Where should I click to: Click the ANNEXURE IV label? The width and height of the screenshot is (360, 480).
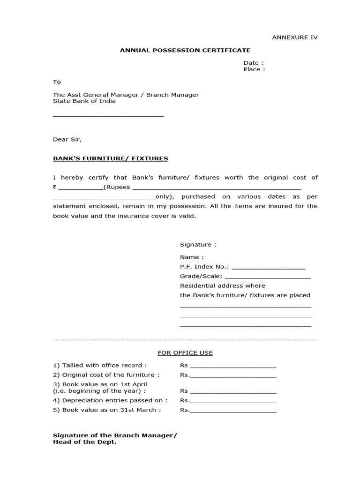click(295, 37)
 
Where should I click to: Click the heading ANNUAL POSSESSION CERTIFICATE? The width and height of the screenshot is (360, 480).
click(185, 50)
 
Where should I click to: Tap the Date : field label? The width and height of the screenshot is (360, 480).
click(253, 63)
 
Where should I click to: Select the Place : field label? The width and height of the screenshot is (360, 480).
click(254, 69)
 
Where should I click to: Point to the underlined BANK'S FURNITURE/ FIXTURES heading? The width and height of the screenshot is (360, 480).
click(110, 158)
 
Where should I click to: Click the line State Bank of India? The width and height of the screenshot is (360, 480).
click(84, 101)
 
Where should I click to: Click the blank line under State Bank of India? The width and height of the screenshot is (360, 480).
click(108, 115)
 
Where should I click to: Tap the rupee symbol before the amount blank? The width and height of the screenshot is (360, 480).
click(55, 187)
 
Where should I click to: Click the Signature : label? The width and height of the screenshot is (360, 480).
click(198, 244)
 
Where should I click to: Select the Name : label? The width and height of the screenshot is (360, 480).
click(192, 257)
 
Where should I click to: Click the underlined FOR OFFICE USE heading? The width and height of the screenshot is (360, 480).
click(185, 352)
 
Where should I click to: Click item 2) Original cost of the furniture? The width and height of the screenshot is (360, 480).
click(106, 375)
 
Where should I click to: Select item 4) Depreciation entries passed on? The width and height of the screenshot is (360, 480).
click(110, 400)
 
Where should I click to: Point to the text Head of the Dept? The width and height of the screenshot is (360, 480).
click(84, 442)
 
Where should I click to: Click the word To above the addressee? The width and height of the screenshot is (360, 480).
click(57, 82)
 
